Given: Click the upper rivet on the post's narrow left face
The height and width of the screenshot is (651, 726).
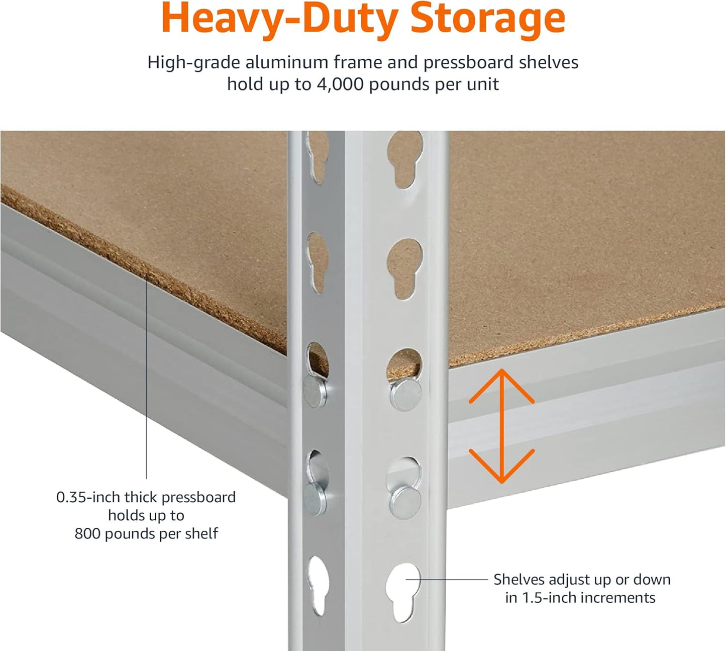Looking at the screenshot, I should [x=315, y=392].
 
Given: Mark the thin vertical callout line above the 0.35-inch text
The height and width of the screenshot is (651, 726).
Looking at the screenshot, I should [x=146, y=377].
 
